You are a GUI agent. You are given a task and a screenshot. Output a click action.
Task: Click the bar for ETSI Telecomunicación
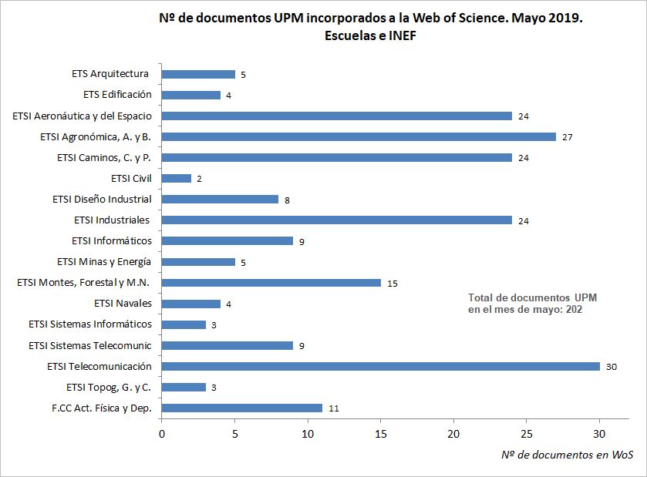380,366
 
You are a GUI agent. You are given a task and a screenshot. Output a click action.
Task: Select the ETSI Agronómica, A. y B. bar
359,136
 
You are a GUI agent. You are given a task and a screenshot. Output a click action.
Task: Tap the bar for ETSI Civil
176,178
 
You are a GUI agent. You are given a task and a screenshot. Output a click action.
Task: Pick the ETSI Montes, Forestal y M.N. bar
271,283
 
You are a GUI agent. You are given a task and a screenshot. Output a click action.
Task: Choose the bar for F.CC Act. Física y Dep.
241,408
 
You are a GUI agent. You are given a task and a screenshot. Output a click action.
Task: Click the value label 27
567,137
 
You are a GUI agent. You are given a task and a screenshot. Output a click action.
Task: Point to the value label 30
612,367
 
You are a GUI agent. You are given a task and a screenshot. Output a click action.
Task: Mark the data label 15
392,284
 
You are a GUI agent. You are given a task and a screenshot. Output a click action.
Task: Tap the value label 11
333,408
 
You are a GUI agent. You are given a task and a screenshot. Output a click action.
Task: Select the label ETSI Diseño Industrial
102,199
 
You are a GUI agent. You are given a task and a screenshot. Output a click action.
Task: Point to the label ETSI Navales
123,304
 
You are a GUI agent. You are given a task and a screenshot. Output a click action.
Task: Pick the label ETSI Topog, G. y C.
109,387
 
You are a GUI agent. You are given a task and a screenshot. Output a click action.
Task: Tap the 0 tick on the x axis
161,434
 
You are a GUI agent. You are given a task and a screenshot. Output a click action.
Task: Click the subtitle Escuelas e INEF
370,36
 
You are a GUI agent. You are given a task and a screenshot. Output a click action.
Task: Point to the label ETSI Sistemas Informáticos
90,324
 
